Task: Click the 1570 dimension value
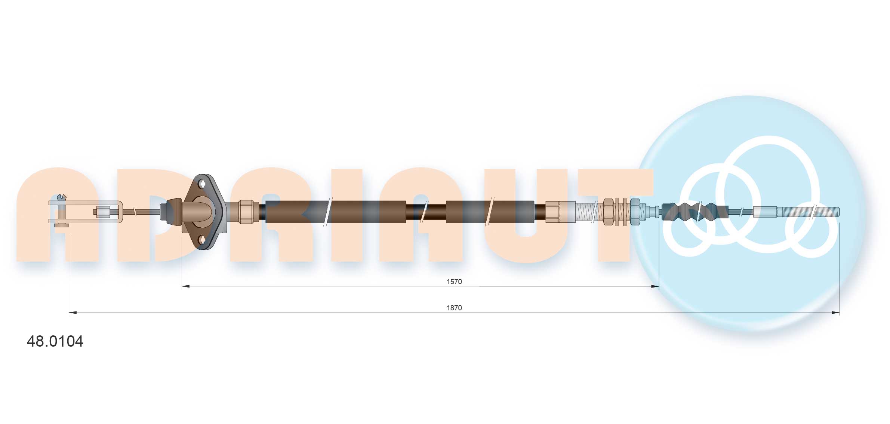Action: tap(454, 282)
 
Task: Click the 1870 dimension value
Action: tap(454, 308)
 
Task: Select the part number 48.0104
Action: tap(55, 341)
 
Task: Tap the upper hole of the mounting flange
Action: tap(202, 184)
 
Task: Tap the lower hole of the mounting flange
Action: tap(202, 239)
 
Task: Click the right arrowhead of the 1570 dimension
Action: tap(655, 286)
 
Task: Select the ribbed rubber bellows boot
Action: tap(695, 212)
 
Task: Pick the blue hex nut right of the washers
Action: tap(635, 212)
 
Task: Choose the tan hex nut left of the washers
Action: tap(608, 212)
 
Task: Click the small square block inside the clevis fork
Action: tap(103, 212)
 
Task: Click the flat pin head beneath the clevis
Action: tap(62, 225)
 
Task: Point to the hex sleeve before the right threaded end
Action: tap(765, 212)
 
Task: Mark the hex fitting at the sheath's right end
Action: tap(560, 212)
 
